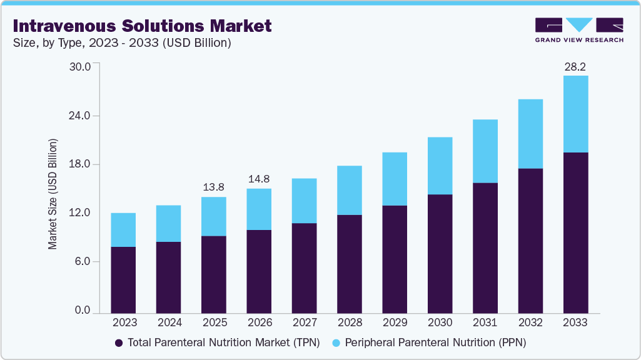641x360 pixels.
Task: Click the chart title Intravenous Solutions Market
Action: tap(142, 26)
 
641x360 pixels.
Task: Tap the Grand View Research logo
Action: tap(579, 30)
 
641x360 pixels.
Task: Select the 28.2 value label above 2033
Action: tap(575, 66)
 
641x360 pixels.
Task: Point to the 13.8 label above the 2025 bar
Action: tap(214, 187)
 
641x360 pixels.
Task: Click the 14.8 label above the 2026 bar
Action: tap(259, 179)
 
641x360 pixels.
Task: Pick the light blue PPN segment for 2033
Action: tap(575, 114)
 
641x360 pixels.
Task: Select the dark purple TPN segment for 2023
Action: tap(123, 279)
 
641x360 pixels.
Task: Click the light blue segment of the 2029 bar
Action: tap(395, 179)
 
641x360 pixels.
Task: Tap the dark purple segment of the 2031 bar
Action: tap(485, 247)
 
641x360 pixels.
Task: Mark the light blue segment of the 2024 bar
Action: tap(168, 223)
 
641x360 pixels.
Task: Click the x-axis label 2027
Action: tap(304, 323)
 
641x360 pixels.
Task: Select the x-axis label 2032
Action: tap(530, 323)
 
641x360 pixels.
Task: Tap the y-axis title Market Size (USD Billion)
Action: tap(53, 194)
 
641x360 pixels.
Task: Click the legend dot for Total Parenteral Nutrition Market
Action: tap(118, 343)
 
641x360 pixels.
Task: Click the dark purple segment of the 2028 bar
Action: tap(350, 263)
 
